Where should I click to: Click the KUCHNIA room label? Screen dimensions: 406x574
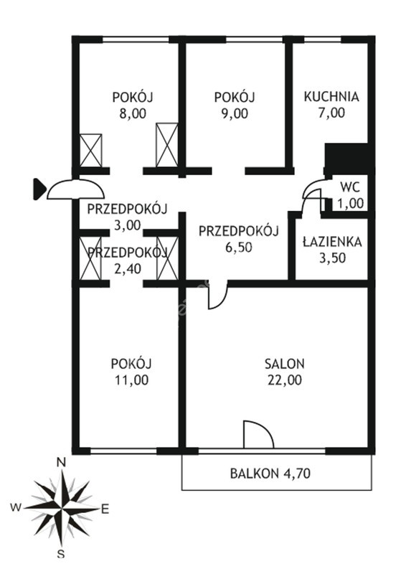point(331,97)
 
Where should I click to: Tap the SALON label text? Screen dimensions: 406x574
point(285,364)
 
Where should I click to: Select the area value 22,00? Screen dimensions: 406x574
point(285,380)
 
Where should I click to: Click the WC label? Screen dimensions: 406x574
point(350,187)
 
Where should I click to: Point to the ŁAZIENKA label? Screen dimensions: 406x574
point(332,242)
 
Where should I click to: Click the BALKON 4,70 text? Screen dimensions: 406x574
point(270,474)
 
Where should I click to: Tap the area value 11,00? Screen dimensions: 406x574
point(131,380)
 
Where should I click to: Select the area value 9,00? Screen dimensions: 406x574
point(235,113)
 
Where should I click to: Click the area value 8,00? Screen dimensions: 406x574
point(133,113)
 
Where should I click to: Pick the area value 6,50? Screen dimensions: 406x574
point(239,248)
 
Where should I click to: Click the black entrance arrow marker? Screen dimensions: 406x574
point(39,189)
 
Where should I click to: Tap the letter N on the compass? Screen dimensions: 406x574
point(62,463)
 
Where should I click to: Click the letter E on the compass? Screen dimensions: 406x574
point(105,509)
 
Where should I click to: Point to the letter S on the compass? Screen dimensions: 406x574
point(61,554)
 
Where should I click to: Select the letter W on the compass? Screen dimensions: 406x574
point(15,507)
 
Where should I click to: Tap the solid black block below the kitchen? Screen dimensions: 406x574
point(347,159)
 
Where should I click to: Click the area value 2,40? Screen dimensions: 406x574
point(128,269)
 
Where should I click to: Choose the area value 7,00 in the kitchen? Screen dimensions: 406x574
point(331,113)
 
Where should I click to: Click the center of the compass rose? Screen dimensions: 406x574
point(62,508)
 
